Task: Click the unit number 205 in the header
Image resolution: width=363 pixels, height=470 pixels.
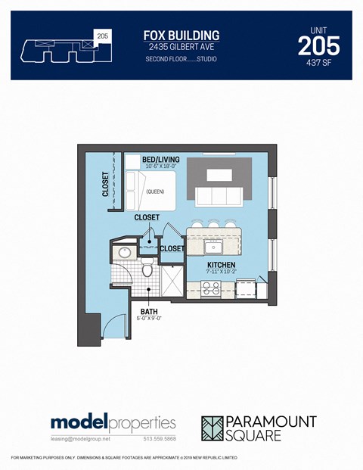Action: point(318,46)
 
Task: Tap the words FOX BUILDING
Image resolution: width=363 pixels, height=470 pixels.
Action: point(181,35)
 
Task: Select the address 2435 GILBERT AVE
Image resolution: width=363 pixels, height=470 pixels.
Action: point(181,47)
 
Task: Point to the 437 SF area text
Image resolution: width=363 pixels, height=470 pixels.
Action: point(319,64)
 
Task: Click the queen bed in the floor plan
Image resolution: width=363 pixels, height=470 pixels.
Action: point(154,191)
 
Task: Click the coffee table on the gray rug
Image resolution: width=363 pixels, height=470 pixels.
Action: point(220,175)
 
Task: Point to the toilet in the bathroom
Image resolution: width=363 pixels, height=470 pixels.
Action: point(148,268)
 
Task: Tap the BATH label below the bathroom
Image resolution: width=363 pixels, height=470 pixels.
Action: point(148,310)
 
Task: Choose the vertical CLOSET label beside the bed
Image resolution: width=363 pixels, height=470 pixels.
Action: point(105,183)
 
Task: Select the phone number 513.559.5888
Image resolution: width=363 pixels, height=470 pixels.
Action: point(160,438)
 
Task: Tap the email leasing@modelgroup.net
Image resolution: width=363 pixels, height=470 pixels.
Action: point(80,438)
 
